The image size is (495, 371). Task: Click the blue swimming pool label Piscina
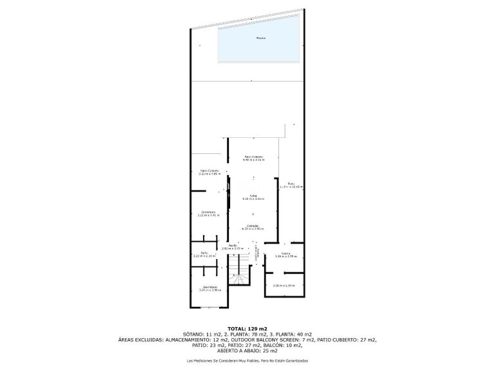[260, 38]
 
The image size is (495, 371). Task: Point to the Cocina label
[285, 254]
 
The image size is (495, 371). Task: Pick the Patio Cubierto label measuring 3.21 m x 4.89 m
[209, 172]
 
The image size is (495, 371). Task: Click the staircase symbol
[241, 271]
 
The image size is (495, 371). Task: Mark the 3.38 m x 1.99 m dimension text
[284, 285]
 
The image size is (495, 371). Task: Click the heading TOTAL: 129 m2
[247, 328]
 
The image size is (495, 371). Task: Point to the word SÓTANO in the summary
[194, 334]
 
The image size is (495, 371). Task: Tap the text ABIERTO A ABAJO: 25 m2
[247, 350]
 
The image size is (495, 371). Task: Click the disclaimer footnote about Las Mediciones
[247, 361]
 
